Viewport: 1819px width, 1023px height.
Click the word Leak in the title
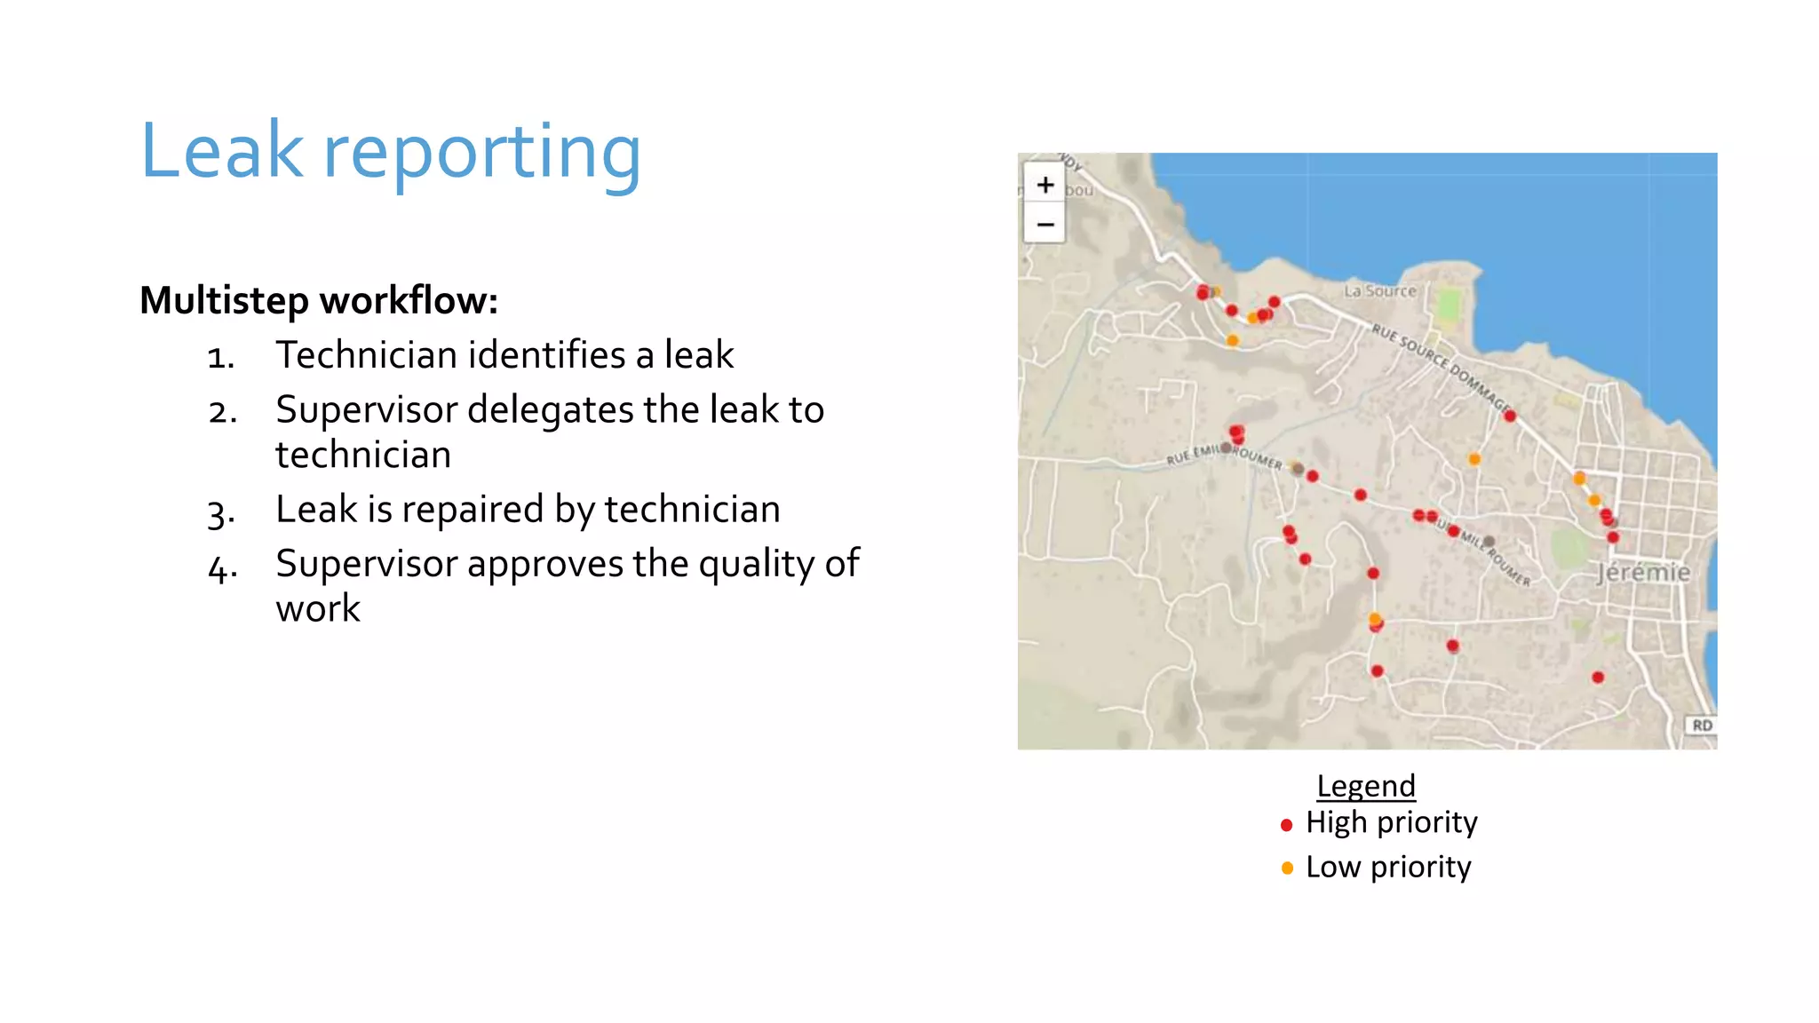(222, 151)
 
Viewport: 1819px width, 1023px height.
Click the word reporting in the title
(481, 153)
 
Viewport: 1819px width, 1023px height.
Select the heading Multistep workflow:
(319, 300)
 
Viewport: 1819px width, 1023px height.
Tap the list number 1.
(220, 357)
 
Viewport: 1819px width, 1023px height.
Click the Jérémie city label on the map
(1643, 572)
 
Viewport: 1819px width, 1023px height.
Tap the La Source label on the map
(1379, 290)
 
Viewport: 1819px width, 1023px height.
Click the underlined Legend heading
(1365, 786)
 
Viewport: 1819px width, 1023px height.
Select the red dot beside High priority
(1286, 825)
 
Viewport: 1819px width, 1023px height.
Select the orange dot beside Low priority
(1287, 868)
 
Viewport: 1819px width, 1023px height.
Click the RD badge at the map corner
(1702, 725)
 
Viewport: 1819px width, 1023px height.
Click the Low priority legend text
(1388, 867)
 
